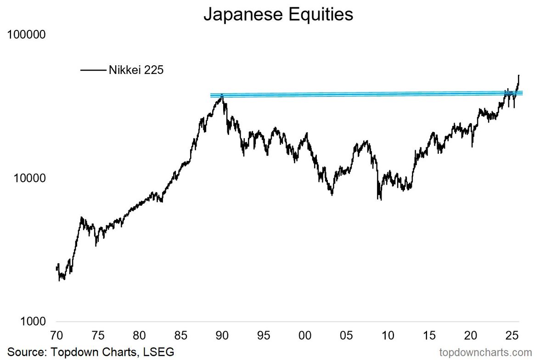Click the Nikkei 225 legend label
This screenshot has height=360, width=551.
coord(136,70)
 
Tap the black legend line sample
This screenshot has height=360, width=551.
coord(93,70)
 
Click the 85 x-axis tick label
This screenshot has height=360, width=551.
coord(181,335)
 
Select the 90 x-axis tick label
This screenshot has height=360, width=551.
coord(222,335)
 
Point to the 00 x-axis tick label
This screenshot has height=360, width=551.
coord(304,335)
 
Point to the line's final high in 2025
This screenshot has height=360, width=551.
coord(519,75)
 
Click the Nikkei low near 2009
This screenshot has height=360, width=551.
coord(381,199)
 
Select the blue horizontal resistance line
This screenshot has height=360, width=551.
coord(358,94)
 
